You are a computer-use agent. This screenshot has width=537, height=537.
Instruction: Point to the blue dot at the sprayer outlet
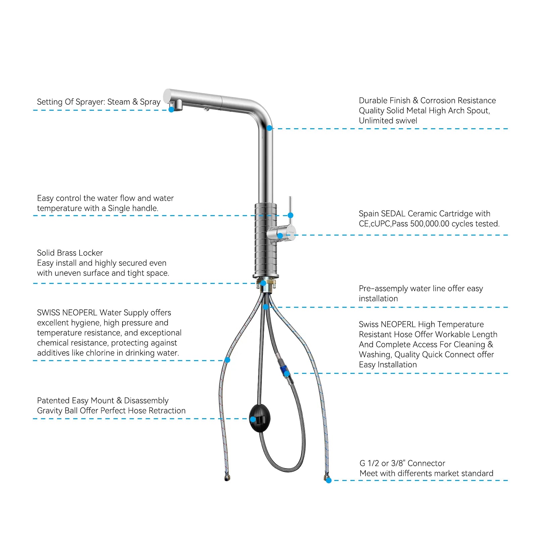171,109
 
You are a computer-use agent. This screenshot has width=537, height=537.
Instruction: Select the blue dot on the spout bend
269,128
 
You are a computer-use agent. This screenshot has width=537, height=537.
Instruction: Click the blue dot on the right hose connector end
329,480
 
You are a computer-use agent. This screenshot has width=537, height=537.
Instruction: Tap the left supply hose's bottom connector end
227,478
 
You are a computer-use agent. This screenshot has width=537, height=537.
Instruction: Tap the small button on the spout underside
206,108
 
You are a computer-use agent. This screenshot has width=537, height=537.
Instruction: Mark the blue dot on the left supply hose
227,360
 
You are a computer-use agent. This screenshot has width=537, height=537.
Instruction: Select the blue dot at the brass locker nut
263,283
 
